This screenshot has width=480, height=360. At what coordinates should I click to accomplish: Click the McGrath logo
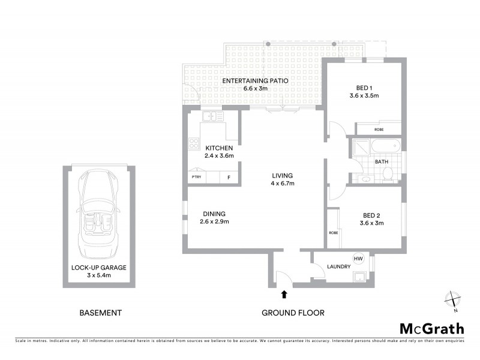coord(431,328)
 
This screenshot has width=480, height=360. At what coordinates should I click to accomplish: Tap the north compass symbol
coord(452,299)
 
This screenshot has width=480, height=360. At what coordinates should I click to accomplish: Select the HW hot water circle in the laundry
coord(359,258)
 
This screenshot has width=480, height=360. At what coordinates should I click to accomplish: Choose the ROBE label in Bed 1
coord(379,130)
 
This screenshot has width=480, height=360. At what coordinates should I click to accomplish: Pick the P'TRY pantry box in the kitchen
coord(196,178)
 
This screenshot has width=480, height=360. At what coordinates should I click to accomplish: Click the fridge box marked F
coord(229,178)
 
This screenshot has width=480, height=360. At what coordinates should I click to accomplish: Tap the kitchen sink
coord(212,116)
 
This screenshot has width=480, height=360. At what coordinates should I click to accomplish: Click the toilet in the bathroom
coord(388,174)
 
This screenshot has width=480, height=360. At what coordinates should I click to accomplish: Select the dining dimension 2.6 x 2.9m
coord(214,221)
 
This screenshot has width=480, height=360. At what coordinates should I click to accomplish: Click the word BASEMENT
coord(101,313)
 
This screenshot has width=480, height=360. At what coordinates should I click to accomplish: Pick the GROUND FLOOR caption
coord(293,313)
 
